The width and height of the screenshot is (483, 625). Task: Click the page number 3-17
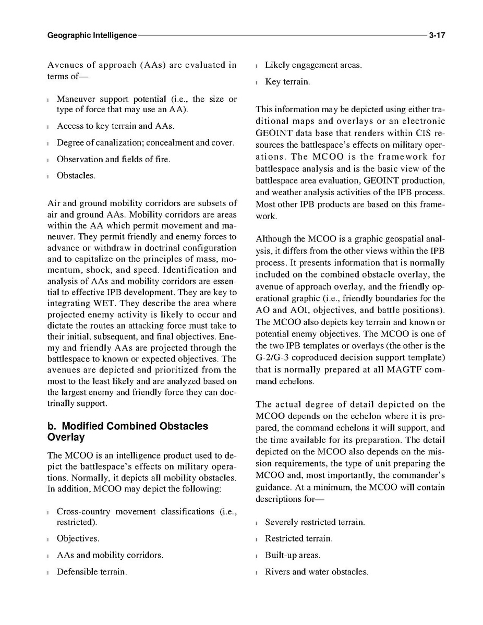click(x=437, y=36)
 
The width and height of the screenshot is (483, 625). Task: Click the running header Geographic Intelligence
click(x=92, y=36)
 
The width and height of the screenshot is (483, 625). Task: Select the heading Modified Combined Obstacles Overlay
click(x=127, y=431)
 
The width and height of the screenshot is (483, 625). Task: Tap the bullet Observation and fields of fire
click(x=113, y=159)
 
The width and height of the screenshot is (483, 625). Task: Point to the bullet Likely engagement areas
click(x=313, y=65)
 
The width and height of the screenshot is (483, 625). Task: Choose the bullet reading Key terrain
click(x=287, y=82)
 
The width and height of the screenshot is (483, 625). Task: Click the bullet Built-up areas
click(x=293, y=555)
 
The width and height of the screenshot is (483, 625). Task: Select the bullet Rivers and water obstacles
click(x=316, y=572)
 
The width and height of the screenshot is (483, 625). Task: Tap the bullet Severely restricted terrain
click(x=315, y=522)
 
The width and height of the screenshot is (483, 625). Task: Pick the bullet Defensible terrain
click(x=91, y=572)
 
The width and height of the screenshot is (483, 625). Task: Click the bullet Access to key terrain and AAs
click(x=115, y=126)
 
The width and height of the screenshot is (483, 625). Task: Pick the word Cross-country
click(x=83, y=511)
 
